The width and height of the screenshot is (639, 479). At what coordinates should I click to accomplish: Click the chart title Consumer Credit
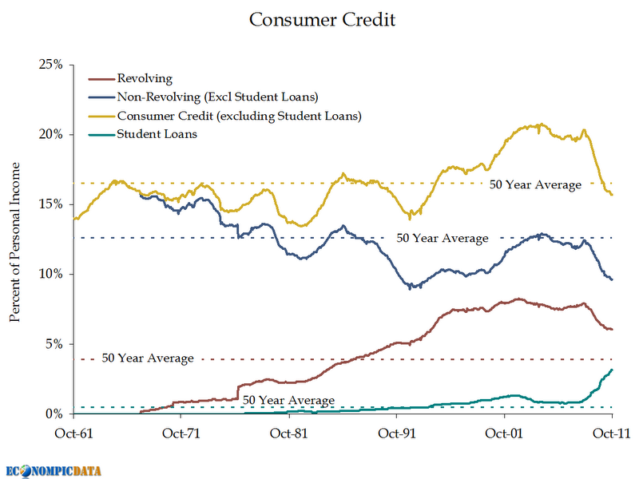321,19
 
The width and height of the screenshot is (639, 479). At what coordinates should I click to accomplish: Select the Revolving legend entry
145,78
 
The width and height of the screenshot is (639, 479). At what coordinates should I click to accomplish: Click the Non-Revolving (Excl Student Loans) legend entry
218,97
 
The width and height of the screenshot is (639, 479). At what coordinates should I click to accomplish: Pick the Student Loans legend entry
157,134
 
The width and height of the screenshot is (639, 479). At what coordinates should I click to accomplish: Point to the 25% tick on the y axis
50,64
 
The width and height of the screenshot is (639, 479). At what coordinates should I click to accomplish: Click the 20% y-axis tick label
50,134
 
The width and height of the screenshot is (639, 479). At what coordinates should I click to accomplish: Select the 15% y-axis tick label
50,204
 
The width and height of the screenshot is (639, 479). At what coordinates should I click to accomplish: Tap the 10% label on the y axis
50,274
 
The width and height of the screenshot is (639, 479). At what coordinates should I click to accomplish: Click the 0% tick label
53,414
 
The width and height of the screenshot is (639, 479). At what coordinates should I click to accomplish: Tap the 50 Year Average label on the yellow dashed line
535,184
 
